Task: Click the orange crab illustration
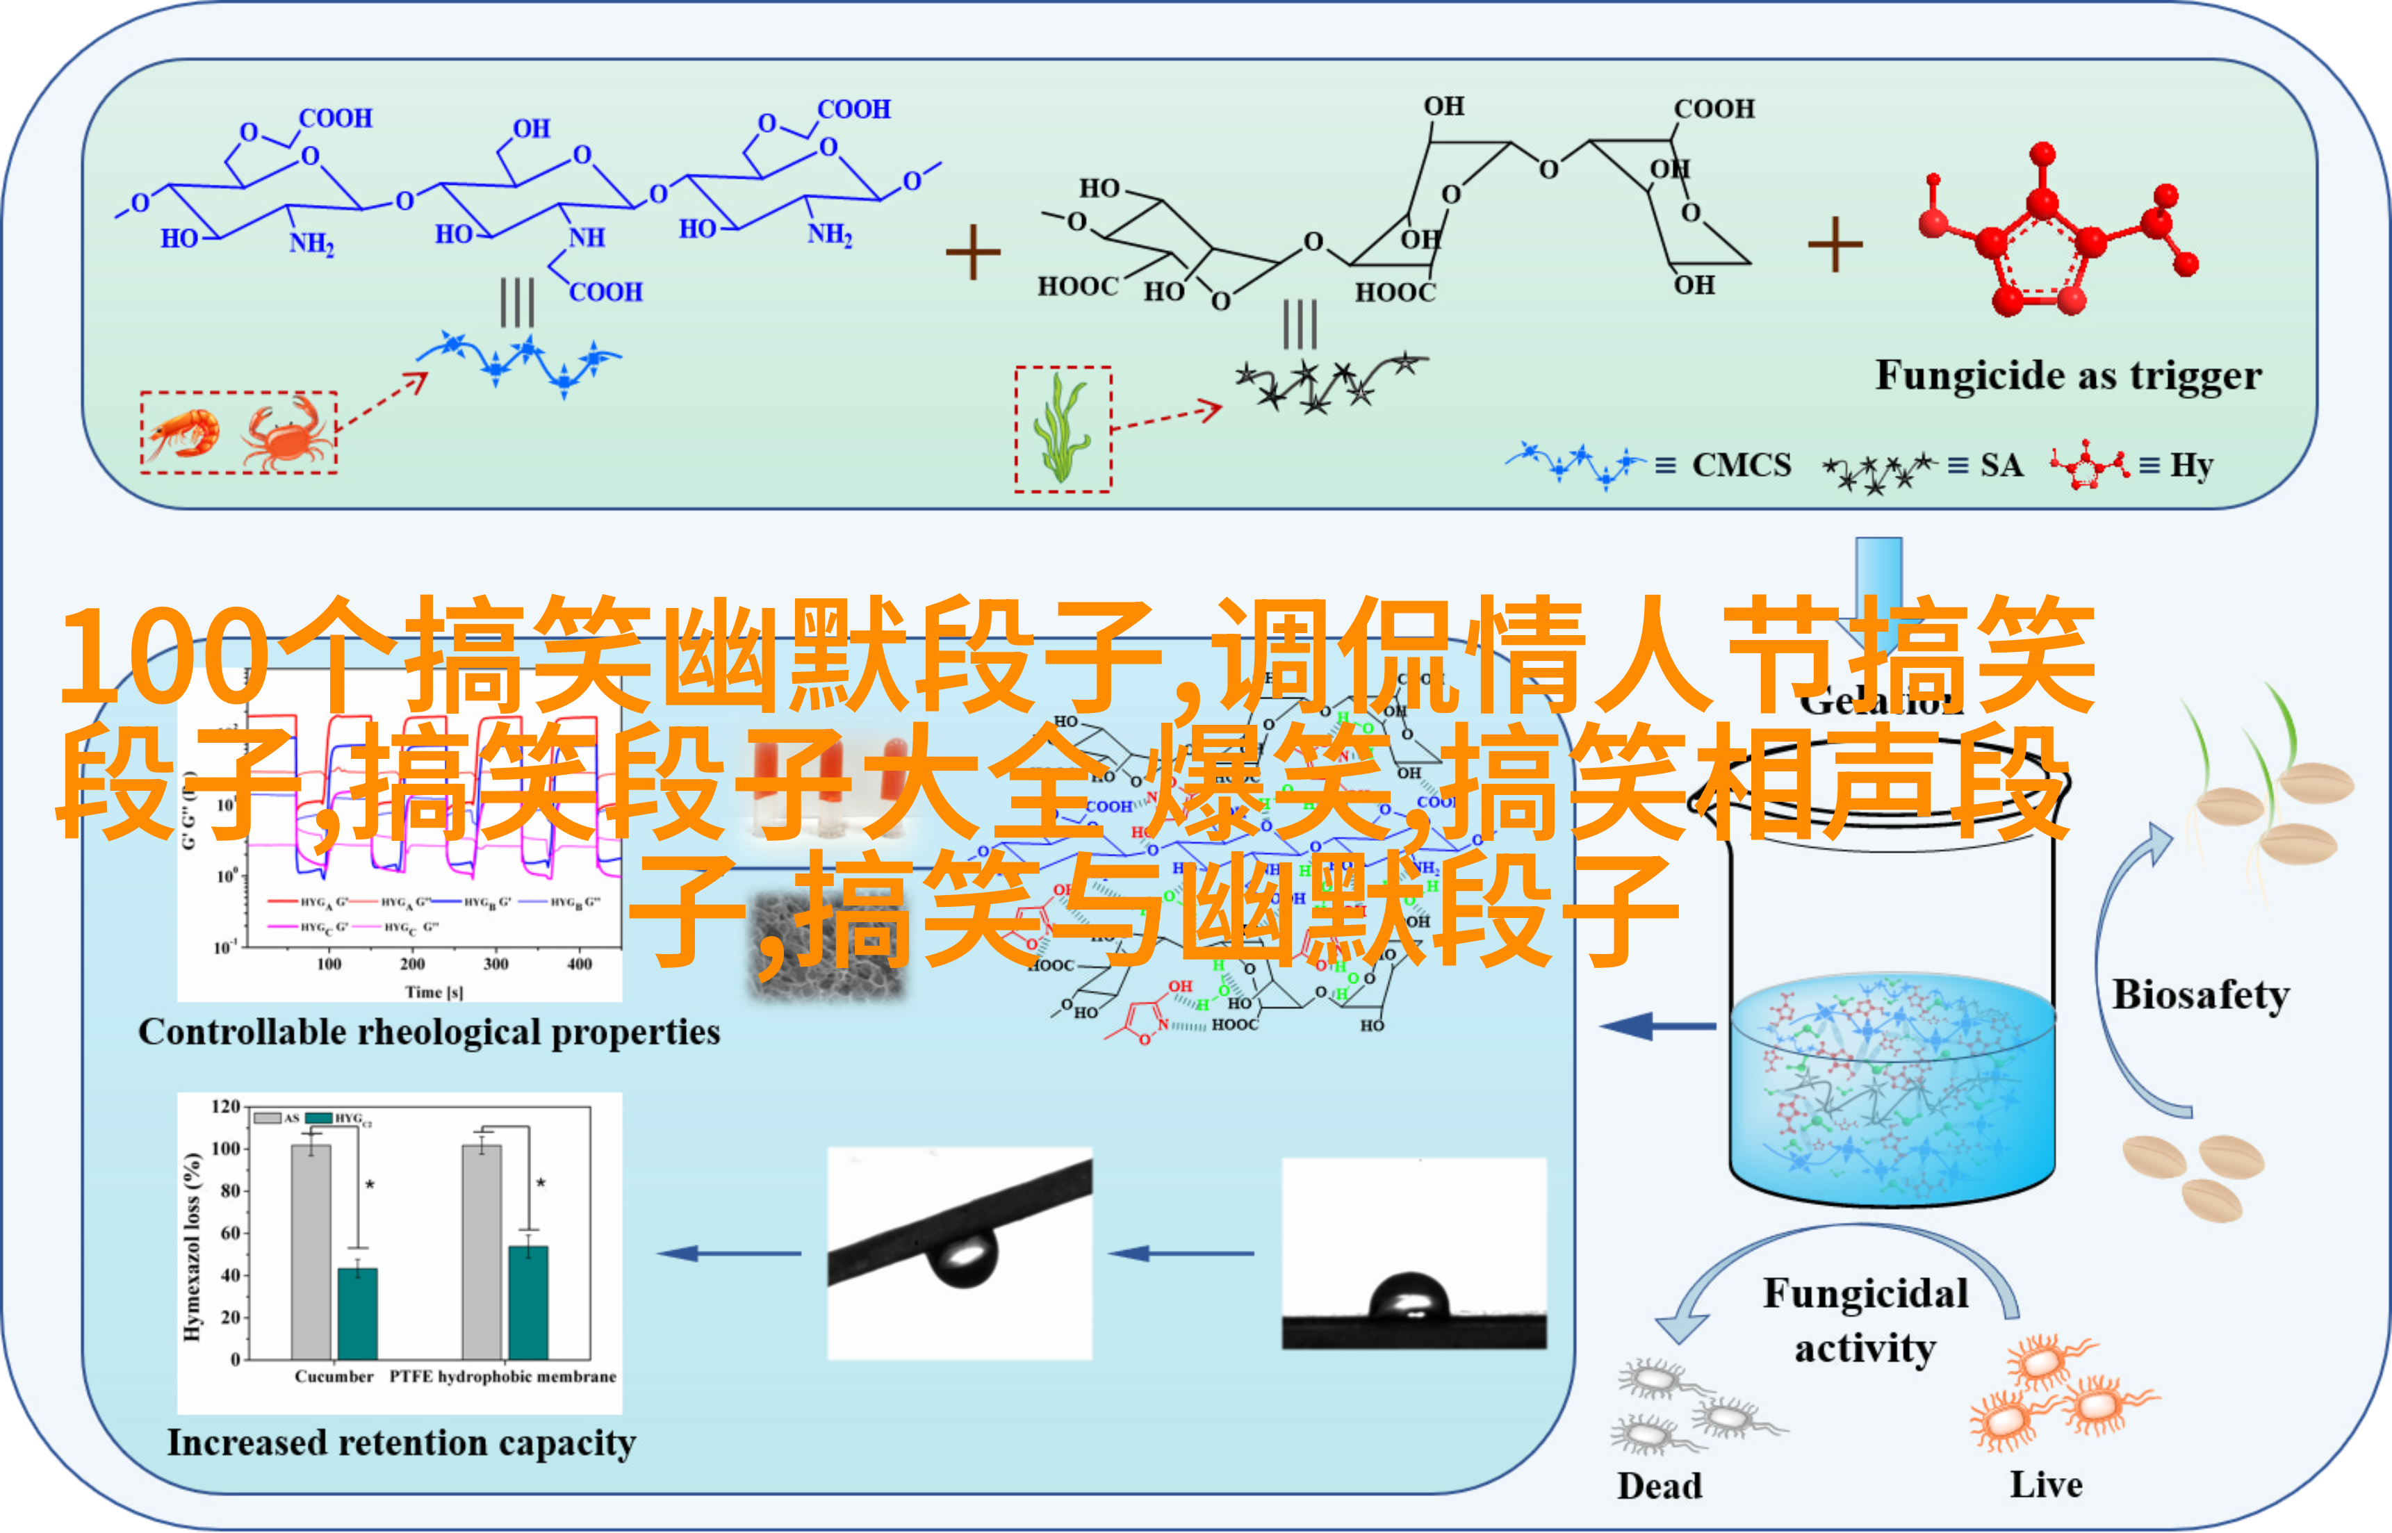coord(286,434)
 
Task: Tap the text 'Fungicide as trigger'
coord(2067,376)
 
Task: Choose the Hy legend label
coord(2191,465)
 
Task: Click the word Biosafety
coord(2200,994)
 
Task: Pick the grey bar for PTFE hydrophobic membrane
coord(482,1252)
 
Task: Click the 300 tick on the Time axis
coord(495,964)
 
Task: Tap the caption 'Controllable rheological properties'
coord(429,1032)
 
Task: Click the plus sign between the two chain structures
coord(972,252)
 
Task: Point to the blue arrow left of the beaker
coord(1657,1025)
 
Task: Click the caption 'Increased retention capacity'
coord(401,1443)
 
